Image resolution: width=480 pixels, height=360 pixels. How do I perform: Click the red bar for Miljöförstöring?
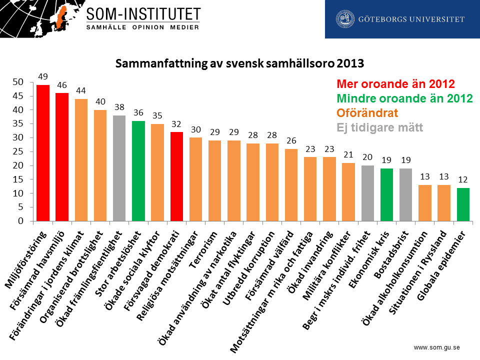tap(43, 153)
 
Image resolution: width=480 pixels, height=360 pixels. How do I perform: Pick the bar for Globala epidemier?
tap(463, 204)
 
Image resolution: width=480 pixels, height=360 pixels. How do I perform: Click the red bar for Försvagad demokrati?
tap(176, 176)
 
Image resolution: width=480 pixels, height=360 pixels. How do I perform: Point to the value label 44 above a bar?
tap(81, 91)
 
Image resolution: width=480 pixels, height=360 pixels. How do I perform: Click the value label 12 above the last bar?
tap(463, 179)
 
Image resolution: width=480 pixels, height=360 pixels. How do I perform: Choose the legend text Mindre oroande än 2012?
tap(404, 98)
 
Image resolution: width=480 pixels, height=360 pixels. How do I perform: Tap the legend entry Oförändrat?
tap(367, 112)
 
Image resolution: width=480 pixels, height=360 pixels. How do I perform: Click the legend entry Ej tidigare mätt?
tap(380, 127)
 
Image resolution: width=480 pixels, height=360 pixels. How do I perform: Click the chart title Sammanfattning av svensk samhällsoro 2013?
tap(239, 64)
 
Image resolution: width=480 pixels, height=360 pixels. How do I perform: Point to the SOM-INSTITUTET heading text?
tap(143, 13)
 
